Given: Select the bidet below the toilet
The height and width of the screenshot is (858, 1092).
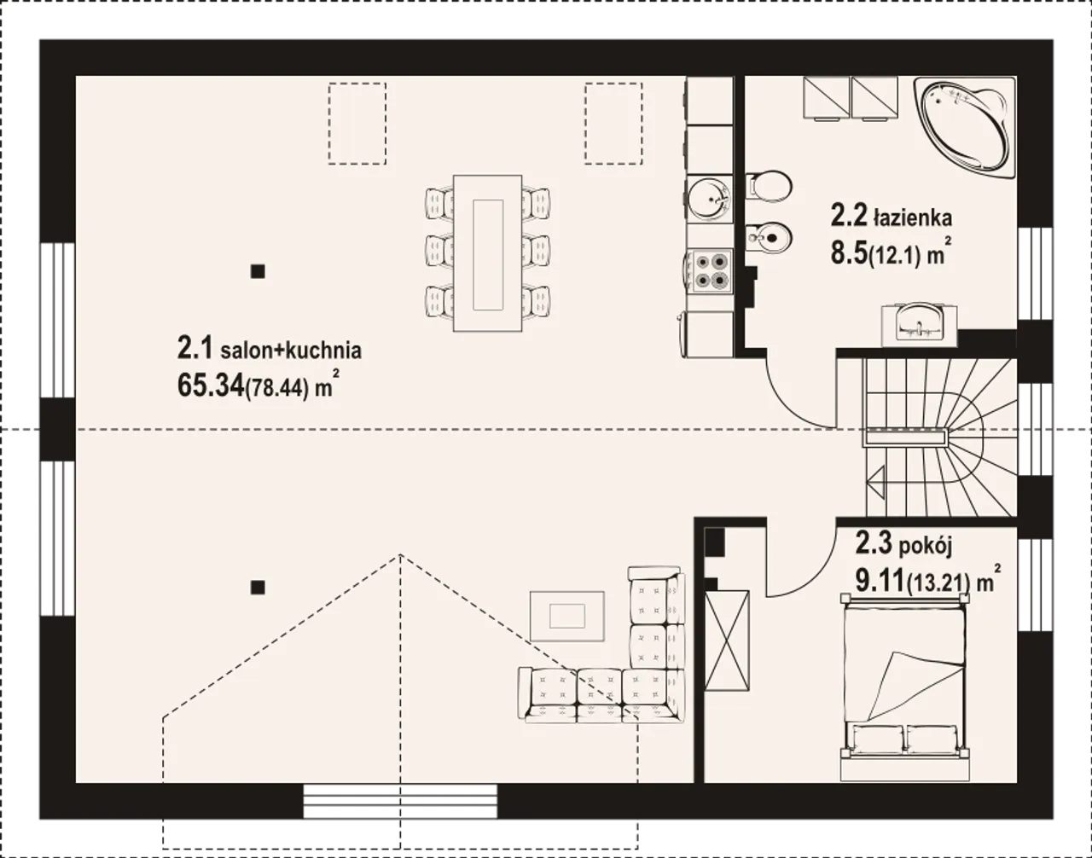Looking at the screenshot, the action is click(769, 237).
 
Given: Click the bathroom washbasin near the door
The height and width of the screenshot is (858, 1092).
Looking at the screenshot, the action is click(919, 324).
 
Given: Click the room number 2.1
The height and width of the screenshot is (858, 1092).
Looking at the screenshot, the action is click(195, 348).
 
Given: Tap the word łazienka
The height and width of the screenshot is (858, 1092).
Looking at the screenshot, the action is click(913, 217).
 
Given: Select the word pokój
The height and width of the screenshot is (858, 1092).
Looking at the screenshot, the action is click(925, 547).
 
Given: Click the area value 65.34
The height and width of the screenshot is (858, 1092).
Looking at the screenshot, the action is click(211, 386).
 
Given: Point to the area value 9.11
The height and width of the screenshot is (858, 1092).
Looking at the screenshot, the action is click(880, 583).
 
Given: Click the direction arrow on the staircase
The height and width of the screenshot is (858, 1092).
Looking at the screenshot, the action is click(875, 482).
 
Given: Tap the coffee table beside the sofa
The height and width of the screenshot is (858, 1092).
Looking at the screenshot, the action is click(567, 616).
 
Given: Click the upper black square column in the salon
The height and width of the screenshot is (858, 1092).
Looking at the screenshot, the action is click(258, 271).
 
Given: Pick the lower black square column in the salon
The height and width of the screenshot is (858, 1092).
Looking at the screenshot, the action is click(258, 588).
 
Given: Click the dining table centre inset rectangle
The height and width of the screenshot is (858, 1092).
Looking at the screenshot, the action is click(488, 255).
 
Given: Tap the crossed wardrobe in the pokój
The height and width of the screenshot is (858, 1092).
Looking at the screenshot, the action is click(727, 641).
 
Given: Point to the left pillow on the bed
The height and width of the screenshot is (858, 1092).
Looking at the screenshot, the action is click(875, 739).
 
